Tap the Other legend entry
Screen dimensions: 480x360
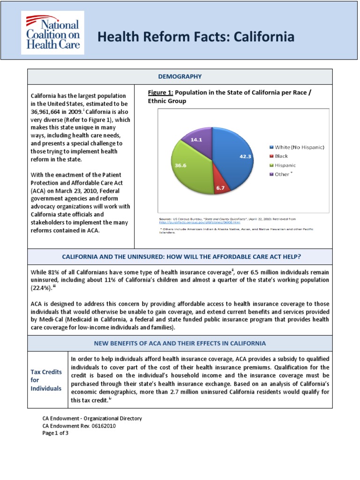click(x=281, y=174)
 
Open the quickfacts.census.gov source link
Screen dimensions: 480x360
click(x=192, y=222)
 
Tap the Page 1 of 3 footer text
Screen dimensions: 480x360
click(x=55, y=433)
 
